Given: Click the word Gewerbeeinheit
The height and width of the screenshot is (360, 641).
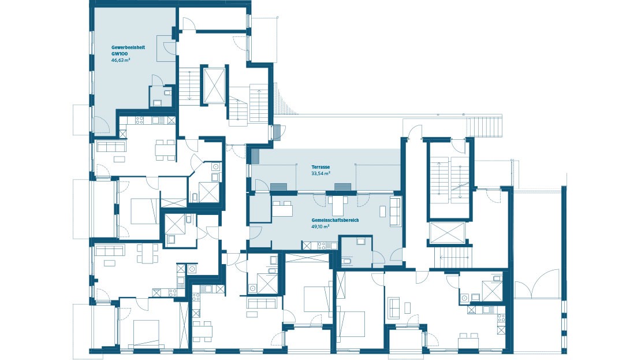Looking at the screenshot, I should point(128,47).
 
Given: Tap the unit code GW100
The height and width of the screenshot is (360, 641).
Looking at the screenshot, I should point(119,53).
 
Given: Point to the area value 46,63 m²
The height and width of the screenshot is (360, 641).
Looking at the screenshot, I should point(121,60).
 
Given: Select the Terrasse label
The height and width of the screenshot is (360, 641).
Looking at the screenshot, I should point(320,166).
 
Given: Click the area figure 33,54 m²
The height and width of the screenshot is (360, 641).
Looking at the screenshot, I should point(320,173).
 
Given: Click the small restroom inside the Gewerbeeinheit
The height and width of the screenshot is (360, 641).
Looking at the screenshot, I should point(161,96).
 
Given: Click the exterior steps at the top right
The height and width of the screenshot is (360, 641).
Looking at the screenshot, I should point(485,125).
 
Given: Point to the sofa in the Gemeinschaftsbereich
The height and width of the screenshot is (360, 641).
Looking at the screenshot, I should point(396,211).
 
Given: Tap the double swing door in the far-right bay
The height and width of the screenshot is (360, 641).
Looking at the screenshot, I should point(537,285).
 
